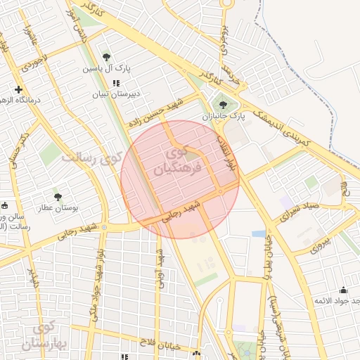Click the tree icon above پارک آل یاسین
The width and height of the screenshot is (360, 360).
tap(106, 57)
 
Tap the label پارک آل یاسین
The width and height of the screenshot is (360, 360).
tap(106, 69)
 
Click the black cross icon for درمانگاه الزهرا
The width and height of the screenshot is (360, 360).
tap(18, 89)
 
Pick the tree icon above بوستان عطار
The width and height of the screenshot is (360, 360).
tap(57, 197)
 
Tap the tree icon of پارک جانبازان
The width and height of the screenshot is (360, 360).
tap(223, 105)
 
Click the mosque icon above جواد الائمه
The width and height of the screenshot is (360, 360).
tap(343, 290)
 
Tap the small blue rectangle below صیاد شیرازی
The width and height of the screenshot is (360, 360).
tap(259, 233)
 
